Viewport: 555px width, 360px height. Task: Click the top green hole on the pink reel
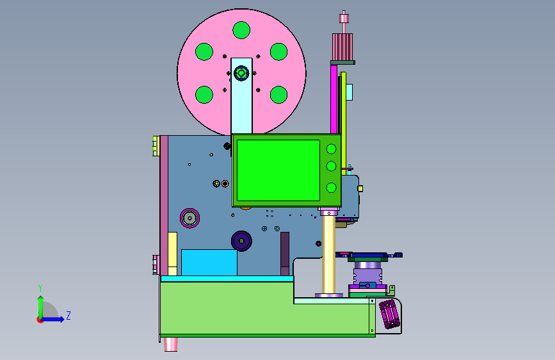tap(241, 30)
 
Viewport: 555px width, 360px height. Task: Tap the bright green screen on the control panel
tap(278, 170)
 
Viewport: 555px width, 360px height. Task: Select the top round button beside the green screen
tap(332, 149)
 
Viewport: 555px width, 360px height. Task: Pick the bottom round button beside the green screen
tap(332, 188)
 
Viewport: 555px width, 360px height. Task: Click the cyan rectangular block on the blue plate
tap(209, 262)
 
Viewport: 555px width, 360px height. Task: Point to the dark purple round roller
tap(241, 241)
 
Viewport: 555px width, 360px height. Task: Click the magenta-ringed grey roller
tap(189, 218)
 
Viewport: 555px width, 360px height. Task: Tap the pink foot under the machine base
tap(171, 344)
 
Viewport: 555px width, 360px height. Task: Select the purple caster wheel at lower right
tap(389, 315)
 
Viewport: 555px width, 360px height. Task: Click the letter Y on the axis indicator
tap(40, 288)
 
